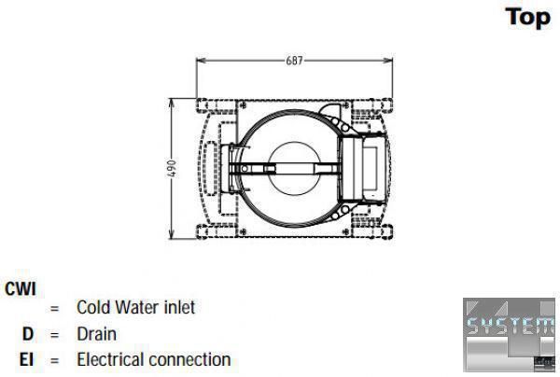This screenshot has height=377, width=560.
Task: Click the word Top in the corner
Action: pos(528,18)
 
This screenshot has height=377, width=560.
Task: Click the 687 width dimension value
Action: pos(294,61)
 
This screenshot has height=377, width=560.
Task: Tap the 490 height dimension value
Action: pos(172,169)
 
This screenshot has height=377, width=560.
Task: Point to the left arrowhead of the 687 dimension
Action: pos(201,61)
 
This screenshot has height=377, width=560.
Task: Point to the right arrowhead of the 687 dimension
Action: pos(388,61)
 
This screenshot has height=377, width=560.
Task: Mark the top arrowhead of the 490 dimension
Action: pos(172,104)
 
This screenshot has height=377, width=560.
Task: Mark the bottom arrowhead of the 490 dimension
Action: pos(172,234)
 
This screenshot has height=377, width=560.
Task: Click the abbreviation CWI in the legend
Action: pos(21,289)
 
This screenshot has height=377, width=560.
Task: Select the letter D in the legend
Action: pos(27,334)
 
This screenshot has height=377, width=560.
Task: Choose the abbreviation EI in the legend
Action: pos(26,359)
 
